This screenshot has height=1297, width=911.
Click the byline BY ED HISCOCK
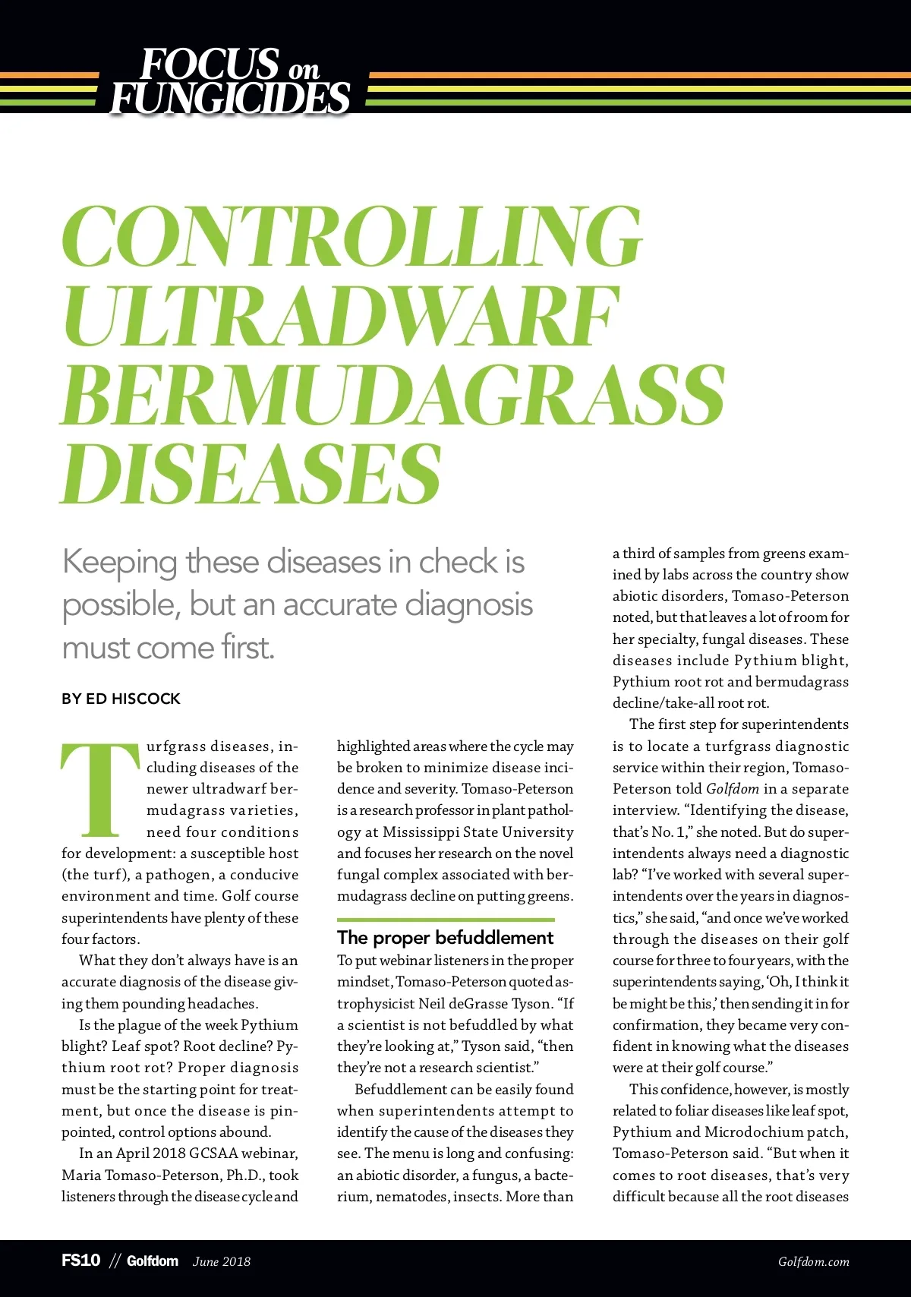click(x=121, y=699)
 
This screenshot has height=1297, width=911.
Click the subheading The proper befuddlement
click(x=446, y=938)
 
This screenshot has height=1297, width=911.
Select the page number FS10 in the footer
click(x=80, y=1261)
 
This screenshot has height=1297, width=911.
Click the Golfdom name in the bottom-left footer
click(x=153, y=1261)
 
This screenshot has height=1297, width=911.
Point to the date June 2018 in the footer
click(x=221, y=1262)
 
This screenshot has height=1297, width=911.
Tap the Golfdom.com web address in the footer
click(x=813, y=1262)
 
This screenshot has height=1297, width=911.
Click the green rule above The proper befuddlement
click(x=446, y=920)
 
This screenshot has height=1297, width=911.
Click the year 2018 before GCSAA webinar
click(x=166, y=1153)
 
